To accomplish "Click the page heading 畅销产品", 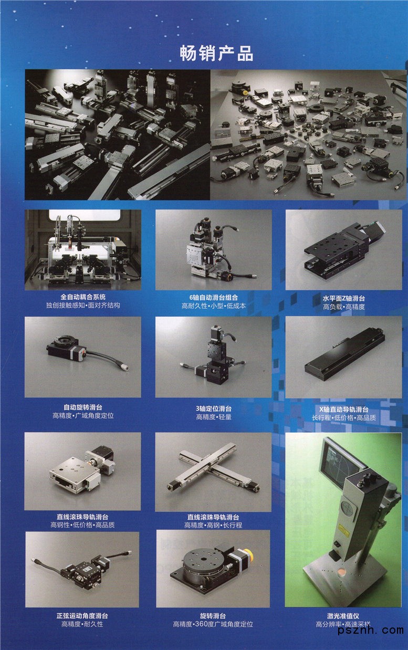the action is (216, 54).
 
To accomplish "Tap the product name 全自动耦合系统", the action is (83, 297).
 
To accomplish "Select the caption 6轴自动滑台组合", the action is (214, 297).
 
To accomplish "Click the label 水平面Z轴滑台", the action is (344, 298).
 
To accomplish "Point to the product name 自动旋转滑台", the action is (83, 407).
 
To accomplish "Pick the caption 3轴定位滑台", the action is (214, 408).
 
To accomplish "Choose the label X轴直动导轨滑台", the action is (344, 410).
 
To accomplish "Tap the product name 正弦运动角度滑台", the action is (82, 615).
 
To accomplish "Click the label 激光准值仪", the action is (343, 615).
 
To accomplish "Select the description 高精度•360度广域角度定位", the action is (213, 624).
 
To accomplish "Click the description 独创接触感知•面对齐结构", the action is (83, 305).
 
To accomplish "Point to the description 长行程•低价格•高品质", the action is (344, 418).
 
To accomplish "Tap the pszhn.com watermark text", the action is (371, 631).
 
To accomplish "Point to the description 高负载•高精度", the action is (344, 307).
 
